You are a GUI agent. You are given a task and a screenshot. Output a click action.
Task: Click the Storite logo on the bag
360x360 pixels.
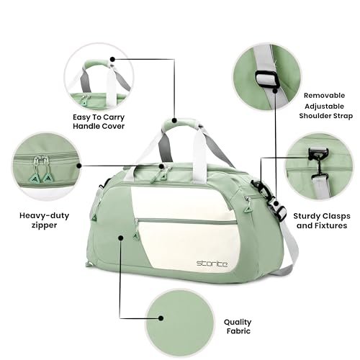point(212,264)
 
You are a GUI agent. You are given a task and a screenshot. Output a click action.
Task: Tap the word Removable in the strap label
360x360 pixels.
point(324,96)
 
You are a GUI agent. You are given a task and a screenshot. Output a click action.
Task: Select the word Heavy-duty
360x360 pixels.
point(45,216)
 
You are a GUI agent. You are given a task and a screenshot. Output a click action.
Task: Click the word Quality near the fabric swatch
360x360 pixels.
point(238,323)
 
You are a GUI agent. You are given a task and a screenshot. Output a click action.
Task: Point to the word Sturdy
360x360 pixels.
point(307,216)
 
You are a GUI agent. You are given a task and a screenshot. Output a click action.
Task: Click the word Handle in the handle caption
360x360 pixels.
point(85,126)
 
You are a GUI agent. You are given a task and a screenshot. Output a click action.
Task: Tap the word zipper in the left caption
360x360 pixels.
point(45,225)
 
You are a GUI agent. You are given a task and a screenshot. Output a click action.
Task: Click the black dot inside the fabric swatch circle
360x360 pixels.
point(161,318)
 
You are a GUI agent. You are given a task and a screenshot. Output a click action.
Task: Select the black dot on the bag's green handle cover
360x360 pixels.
point(174,120)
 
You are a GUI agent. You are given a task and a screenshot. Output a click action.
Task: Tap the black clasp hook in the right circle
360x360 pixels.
point(318,159)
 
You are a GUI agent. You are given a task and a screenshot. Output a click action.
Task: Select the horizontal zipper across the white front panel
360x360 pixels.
point(186,221)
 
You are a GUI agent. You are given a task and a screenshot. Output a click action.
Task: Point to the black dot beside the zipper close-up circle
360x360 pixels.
point(78,166)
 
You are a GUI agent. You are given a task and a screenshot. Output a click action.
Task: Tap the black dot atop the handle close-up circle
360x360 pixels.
point(112,59)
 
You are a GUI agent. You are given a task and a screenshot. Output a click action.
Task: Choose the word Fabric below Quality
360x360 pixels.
point(238,331)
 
